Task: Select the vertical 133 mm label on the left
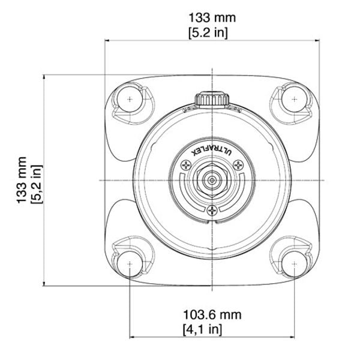coord(22,181)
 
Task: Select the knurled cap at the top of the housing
coord(212,98)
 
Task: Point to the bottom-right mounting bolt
coord(294,263)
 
